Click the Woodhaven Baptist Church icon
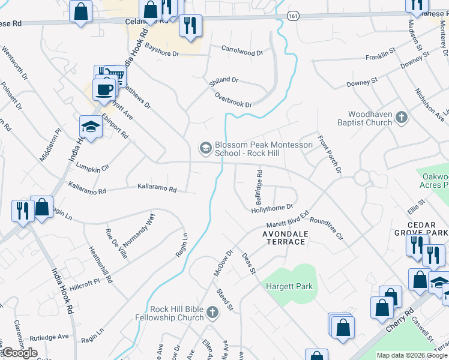(402, 118)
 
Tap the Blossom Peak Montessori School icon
(205, 147)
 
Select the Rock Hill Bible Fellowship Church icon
(211, 312)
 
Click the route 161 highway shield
(292, 16)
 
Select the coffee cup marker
(106, 90)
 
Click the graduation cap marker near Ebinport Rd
(90, 127)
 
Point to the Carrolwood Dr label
(242, 52)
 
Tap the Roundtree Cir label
(327, 228)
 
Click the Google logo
(19, 353)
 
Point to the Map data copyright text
(412, 355)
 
